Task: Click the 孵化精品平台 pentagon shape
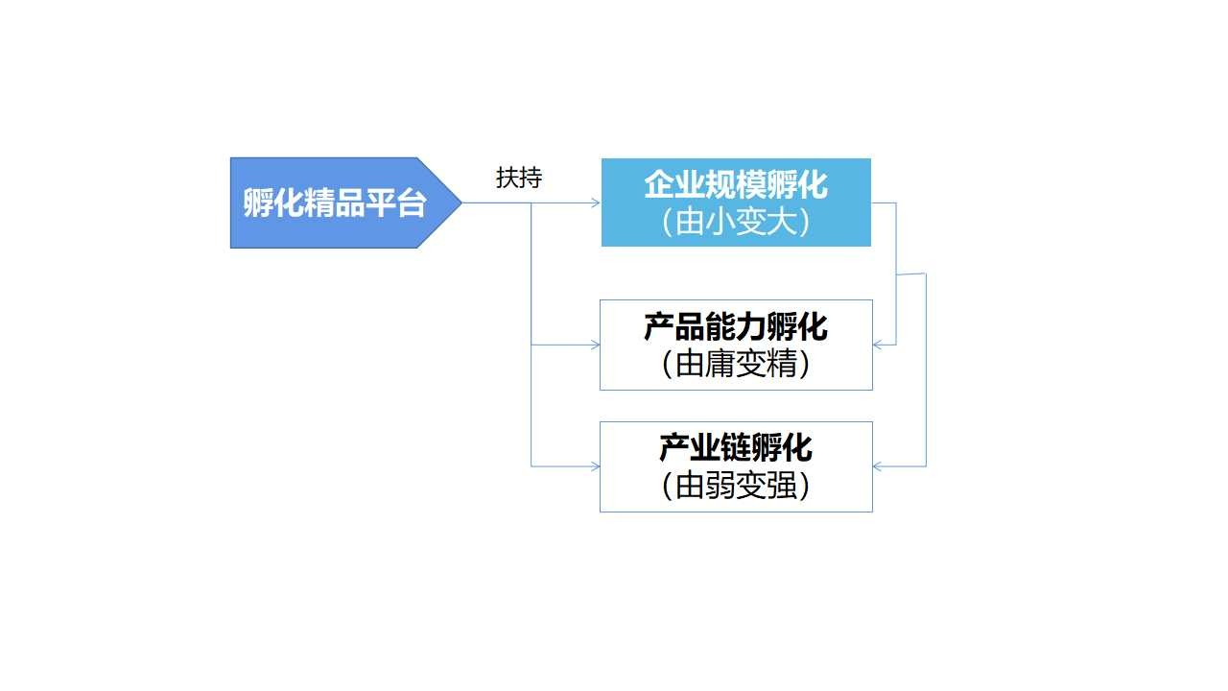coord(345,203)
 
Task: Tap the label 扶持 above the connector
coord(519,178)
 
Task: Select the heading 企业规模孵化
coord(736,185)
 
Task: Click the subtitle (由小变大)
coord(736,222)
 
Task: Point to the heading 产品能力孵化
coord(736,327)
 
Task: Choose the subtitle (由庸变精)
coord(736,364)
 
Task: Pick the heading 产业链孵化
coord(736,448)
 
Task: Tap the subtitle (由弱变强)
coord(736,486)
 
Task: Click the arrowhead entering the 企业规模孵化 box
coord(596,203)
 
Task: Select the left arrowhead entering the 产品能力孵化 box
coord(595,345)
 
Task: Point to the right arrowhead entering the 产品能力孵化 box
coord(878,345)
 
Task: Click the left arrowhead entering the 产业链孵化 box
coord(595,466)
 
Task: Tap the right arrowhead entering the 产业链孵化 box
coord(878,466)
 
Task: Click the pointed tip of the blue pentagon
coord(461,203)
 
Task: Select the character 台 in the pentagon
coord(412,203)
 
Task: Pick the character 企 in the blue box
coord(659,185)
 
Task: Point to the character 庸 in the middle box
coord(720,364)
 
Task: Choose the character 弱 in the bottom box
coord(720,486)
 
